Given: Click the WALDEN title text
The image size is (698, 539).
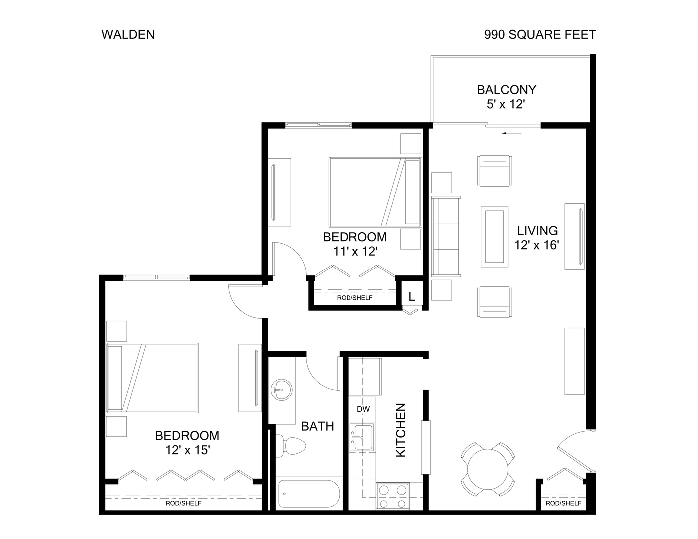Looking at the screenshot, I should [128, 34].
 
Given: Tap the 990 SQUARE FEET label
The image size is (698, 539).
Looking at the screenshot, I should [540, 34].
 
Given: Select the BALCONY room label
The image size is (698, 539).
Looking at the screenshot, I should [506, 90].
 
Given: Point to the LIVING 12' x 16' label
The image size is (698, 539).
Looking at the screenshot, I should [537, 238].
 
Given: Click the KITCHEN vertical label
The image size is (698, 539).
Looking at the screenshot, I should [401, 430].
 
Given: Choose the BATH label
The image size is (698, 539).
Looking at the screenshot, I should [317, 426].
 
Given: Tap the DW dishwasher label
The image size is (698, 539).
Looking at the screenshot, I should [363, 409].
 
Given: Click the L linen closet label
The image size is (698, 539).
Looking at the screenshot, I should [412, 296].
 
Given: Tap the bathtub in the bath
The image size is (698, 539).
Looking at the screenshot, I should [308, 494].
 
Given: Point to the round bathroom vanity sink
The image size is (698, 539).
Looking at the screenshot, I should [282, 388].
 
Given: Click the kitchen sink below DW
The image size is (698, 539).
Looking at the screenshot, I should [363, 436].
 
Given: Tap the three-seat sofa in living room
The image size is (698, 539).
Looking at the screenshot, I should [446, 236].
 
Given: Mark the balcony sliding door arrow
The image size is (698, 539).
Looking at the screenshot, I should [513, 133].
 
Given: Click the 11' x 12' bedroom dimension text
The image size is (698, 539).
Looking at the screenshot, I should [354, 251].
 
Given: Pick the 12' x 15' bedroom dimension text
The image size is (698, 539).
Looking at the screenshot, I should [187, 450].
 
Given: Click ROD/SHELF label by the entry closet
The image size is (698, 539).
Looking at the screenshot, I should [563, 503].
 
